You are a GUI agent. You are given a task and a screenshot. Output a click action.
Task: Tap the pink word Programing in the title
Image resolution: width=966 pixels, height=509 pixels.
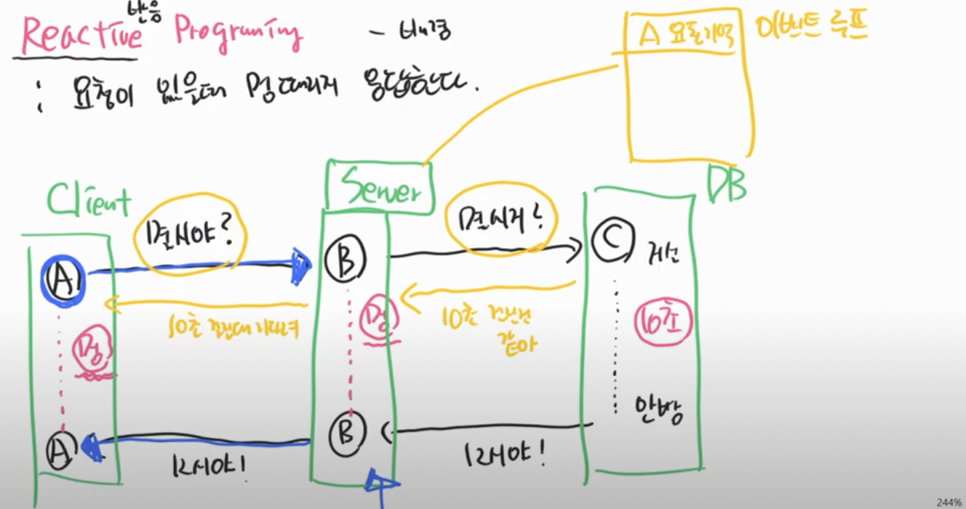tap(236, 33)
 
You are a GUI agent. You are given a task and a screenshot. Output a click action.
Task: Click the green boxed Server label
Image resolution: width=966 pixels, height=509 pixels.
tap(378, 187)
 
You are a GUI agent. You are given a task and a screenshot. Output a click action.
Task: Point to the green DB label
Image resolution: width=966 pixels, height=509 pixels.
tap(726, 185)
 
